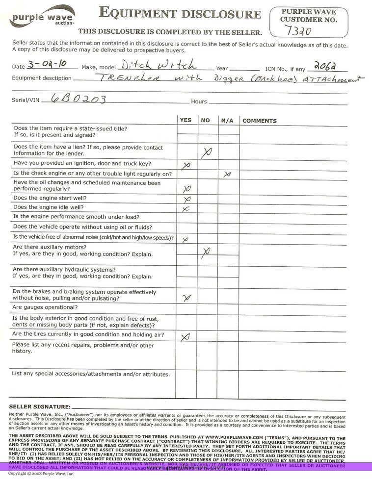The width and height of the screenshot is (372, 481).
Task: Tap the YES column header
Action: pos(186,120)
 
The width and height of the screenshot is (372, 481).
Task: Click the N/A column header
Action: pos(227,120)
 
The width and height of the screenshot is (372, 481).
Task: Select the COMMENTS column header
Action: pos(260,121)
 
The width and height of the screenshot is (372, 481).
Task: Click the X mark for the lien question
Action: pos(207,153)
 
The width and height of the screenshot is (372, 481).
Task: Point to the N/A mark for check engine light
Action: pos(227,174)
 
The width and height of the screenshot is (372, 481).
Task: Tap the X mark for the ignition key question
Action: pos(186,166)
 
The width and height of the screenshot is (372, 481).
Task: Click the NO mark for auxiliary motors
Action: pos(206,252)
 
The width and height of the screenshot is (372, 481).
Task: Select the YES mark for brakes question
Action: pos(186,297)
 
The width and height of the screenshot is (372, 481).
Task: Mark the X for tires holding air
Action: pos(186,337)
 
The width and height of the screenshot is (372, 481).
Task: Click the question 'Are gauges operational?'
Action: pos(45,307)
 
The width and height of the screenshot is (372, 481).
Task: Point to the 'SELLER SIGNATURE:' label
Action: pos(40,407)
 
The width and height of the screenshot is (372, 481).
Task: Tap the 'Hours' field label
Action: pos(199,101)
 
